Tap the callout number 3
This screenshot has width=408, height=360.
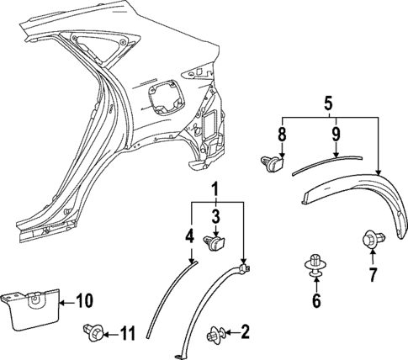pos(215,218)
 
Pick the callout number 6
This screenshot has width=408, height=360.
pos(317,300)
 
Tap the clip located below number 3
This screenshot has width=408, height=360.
pos(215,244)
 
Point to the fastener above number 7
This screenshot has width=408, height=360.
pos(368,241)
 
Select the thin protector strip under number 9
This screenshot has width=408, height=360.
pos(328,161)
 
